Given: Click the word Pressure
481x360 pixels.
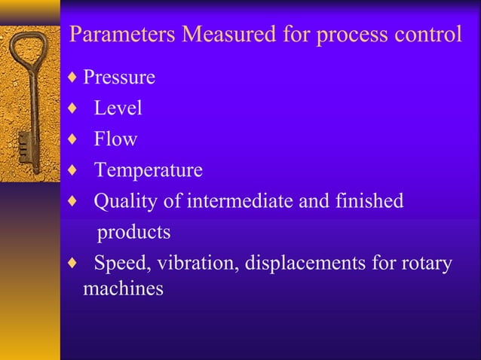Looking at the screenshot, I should pos(119,78).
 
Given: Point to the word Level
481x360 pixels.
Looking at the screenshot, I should pos(118,108).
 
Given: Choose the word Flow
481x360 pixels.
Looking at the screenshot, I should pos(115,139).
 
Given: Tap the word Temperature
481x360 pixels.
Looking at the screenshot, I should pos(148,171).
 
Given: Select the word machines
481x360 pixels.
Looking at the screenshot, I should pos(122,288).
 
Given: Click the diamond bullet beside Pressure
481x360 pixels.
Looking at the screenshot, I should pos(72,78).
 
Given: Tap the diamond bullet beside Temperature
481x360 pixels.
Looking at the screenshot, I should pos(72,171).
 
